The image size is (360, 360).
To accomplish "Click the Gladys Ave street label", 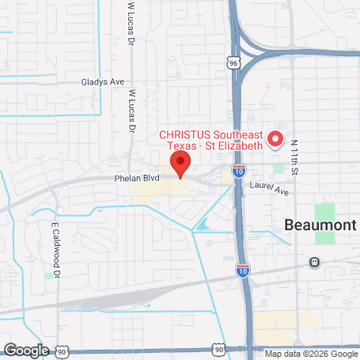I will pyautogui.click(x=102, y=81).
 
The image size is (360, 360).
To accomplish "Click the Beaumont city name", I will pyautogui.click(x=320, y=225).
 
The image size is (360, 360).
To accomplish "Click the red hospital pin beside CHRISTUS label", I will pyautogui.click(x=275, y=139).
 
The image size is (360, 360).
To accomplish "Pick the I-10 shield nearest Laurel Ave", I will pyautogui.click(x=239, y=170).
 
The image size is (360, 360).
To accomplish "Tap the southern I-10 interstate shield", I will pyautogui.click(x=244, y=270).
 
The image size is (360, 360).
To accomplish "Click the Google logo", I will pyautogui.click(x=27, y=349).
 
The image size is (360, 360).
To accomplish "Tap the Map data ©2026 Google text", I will pyautogui.click(x=311, y=354).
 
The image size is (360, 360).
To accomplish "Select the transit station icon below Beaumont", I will pyautogui.click(x=314, y=262).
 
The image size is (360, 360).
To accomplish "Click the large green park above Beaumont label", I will pyautogui.click(x=324, y=213).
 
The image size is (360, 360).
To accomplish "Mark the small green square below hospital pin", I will pyautogui.click(x=279, y=168).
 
